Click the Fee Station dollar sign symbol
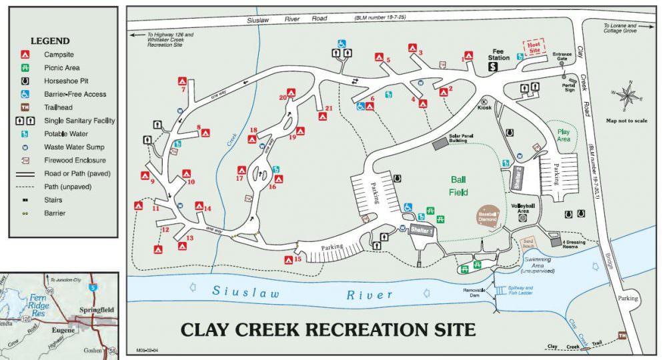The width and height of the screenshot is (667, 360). [494, 67]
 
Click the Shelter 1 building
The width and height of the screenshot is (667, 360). [422, 231]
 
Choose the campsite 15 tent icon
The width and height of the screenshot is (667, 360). [289, 261]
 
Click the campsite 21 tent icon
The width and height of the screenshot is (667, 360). [323, 116]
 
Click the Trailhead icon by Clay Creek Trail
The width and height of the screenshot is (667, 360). [622, 335]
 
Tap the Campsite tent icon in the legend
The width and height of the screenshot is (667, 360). [25, 55]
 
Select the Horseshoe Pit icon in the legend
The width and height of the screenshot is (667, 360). [25, 81]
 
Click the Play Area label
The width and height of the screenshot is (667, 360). [564, 135]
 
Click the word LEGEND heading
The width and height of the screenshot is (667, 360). [50, 41]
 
